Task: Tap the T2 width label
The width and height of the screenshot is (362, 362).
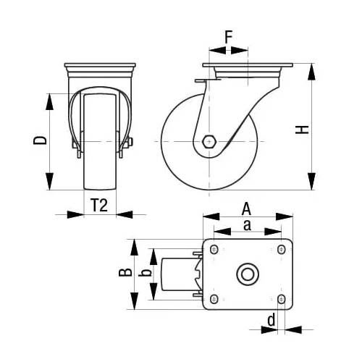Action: pos(100,205)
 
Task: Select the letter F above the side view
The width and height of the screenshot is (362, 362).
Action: pos(228,36)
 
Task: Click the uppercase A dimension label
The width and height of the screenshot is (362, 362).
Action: pos(248,208)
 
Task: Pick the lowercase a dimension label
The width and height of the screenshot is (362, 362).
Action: pos(247,225)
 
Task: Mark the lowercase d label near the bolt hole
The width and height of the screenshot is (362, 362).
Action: pos(271,319)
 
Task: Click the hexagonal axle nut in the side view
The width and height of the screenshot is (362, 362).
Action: pos(209,141)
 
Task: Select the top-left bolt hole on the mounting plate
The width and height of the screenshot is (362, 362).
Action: pos(214,250)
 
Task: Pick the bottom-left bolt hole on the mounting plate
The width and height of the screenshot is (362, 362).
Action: pos(214,298)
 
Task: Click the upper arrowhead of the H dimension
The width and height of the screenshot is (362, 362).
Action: pos(312,71)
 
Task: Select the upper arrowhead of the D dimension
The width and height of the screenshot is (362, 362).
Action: pos(50,100)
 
